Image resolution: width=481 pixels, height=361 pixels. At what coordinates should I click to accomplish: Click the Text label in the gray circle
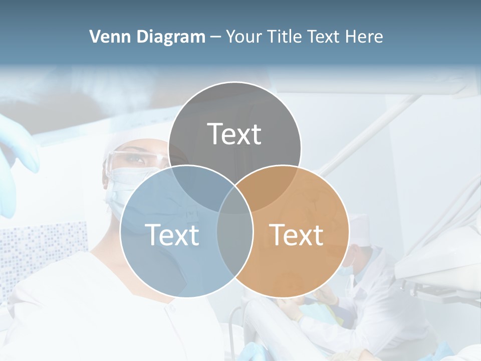(x=234, y=134)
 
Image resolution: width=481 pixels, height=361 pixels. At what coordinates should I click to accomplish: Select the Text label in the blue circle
(x=172, y=235)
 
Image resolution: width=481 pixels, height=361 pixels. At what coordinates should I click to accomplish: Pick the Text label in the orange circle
(x=296, y=235)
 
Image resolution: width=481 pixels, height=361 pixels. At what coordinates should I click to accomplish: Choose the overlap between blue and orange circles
(x=235, y=241)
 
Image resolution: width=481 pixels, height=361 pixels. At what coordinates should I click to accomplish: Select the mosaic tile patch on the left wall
(x=40, y=246)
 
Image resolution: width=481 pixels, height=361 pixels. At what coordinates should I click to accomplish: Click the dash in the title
(x=215, y=37)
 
